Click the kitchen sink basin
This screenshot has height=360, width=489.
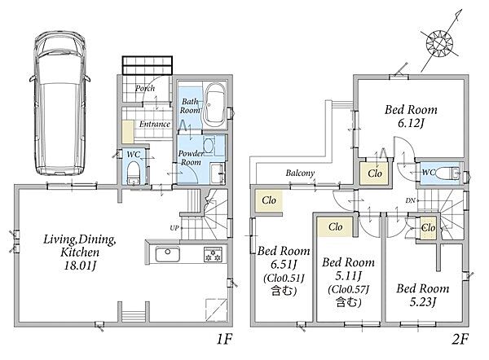coord(167,254)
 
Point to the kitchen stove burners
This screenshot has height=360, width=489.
coord(214,254)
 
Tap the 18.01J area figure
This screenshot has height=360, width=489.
coord(80,266)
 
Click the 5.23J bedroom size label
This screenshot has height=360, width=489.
coord(422,301)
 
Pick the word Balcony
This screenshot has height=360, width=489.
coord(300,173)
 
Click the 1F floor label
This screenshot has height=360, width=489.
coord(225,340)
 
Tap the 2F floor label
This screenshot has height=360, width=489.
coord(460,340)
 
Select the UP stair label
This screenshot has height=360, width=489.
coord(174,228)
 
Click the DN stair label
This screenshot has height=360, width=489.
coord(411,200)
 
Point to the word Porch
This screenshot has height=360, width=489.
coord(145,89)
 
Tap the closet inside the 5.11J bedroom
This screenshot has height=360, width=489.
coord(335,226)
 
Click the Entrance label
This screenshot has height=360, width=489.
coord(155,124)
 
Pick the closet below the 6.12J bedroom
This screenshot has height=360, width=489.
coord(375,173)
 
